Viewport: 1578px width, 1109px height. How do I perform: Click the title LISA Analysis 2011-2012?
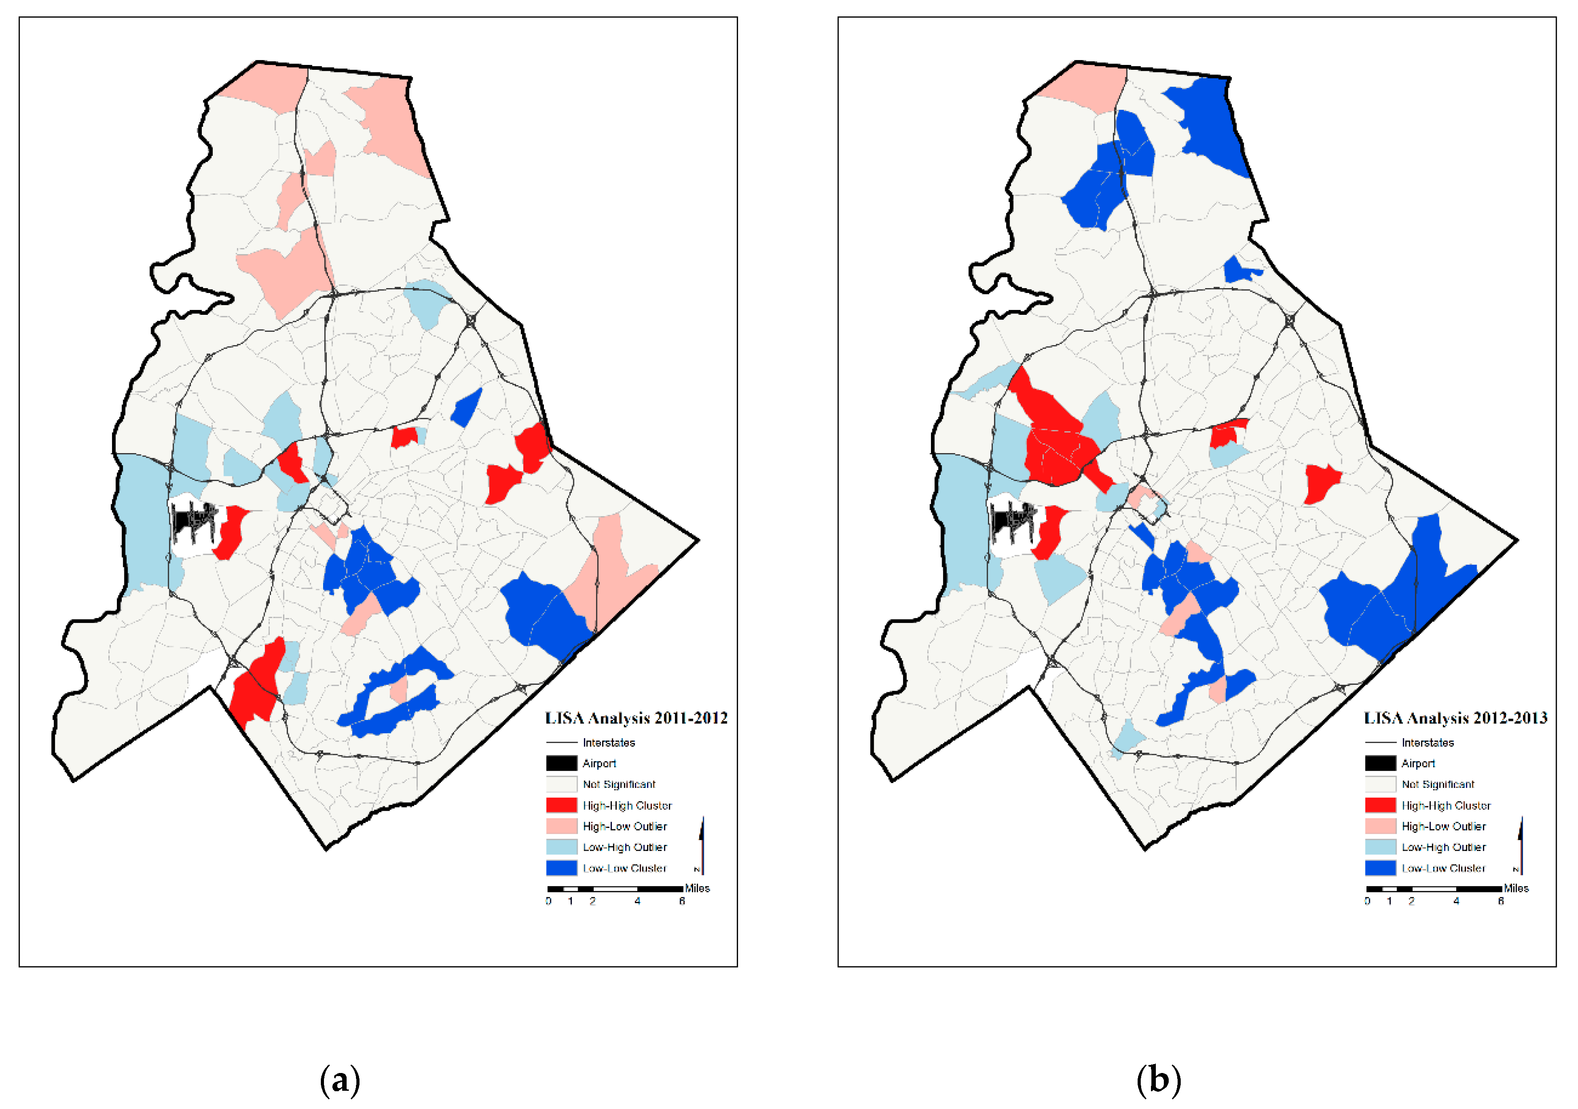coord(636,718)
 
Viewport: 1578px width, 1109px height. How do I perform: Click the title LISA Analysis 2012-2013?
coord(1455,718)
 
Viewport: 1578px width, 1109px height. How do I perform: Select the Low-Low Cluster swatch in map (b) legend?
coord(1380,868)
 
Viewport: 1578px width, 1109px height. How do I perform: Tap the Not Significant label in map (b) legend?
coord(1438,784)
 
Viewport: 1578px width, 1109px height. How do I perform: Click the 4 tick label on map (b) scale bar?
coord(1456,901)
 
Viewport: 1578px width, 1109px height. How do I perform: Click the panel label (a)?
coord(340,1080)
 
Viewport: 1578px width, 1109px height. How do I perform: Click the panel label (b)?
coord(1159,1080)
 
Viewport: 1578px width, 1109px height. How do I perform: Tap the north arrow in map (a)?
coord(702,846)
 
